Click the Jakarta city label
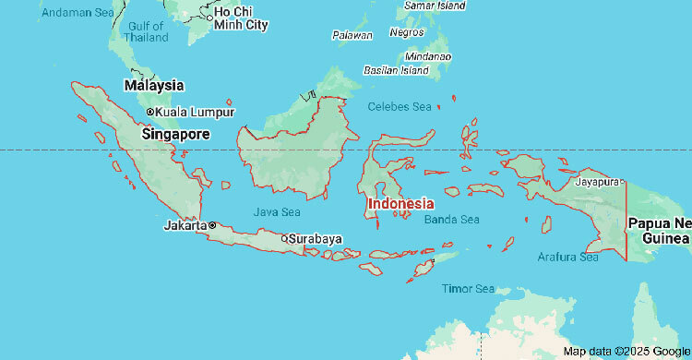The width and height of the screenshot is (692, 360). [185, 224]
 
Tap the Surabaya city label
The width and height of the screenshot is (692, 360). [315, 238]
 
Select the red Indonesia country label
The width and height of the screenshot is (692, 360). [400, 203]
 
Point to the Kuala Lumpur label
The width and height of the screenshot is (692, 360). [195, 112]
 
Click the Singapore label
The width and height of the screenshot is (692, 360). [175, 134]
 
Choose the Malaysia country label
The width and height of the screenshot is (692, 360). [154, 85]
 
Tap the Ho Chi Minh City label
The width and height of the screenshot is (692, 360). [241, 18]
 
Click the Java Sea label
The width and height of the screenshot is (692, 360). [277, 211]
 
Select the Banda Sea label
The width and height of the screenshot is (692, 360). [452, 220]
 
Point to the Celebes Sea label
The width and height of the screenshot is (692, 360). [400, 107]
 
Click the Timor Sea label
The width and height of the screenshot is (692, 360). [468, 289]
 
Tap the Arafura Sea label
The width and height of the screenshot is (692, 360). [567, 258]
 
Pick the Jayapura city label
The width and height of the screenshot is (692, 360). [596, 182]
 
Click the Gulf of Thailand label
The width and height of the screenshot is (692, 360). [147, 31]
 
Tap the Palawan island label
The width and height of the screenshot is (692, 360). [352, 35]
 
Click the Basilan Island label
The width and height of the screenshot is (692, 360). [397, 70]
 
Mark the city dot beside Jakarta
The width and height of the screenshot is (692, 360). [211, 224]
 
